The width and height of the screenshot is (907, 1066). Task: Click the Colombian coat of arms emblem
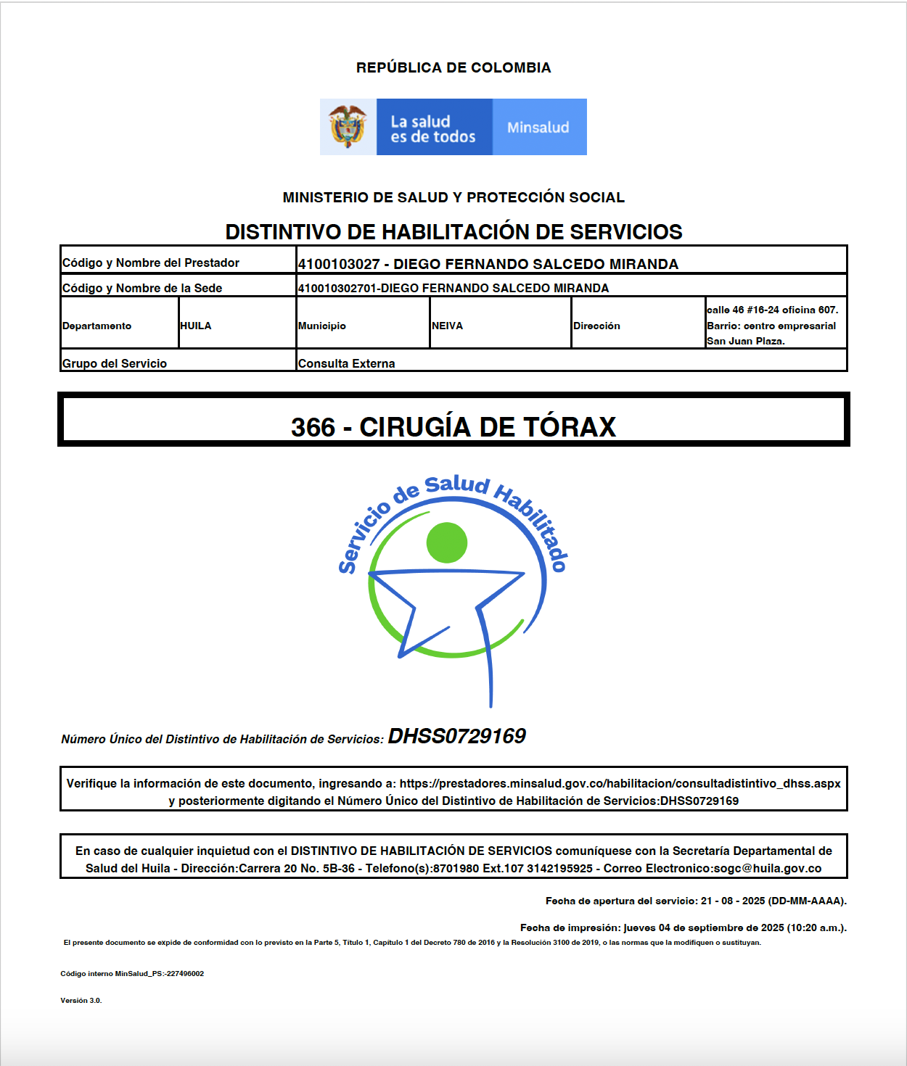[x=348, y=126]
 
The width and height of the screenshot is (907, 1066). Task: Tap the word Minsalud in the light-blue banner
[x=538, y=128]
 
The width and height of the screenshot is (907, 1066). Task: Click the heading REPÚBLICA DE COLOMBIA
[x=453, y=67]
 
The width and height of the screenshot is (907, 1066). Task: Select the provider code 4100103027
[x=339, y=264]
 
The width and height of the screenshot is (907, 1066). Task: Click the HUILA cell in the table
[x=196, y=326]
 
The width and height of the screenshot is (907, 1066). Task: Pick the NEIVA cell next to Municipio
[x=447, y=326]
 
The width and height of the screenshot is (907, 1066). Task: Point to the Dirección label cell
[x=596, y=326]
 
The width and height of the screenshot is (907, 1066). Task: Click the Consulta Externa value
[x=346, y=363]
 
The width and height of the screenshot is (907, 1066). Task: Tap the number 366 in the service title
[x=313, y=427]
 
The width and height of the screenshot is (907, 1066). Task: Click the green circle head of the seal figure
[x=447, y=542]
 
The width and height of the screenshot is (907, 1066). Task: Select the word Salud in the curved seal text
[x=456, y=484]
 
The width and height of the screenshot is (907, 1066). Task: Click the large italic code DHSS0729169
[x=456, y=736]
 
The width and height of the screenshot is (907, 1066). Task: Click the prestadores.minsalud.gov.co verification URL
[x=620, y=783]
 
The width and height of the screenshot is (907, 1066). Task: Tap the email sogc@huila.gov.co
[x=768, y=868]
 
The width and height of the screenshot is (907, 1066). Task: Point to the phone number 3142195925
[x=559, y=868]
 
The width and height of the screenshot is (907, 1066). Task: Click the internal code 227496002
[x=185, y=974]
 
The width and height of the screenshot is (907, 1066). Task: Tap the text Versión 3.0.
[x=81, y=1000]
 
